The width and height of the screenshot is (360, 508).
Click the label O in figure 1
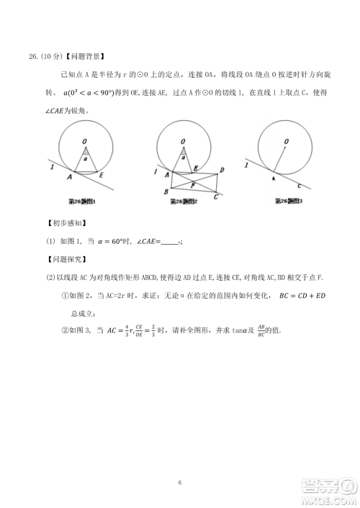84,141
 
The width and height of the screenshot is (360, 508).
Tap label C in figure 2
216,196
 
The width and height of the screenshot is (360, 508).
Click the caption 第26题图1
82,201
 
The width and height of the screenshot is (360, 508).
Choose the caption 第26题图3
289,201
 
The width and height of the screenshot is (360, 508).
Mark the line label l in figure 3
250,165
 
